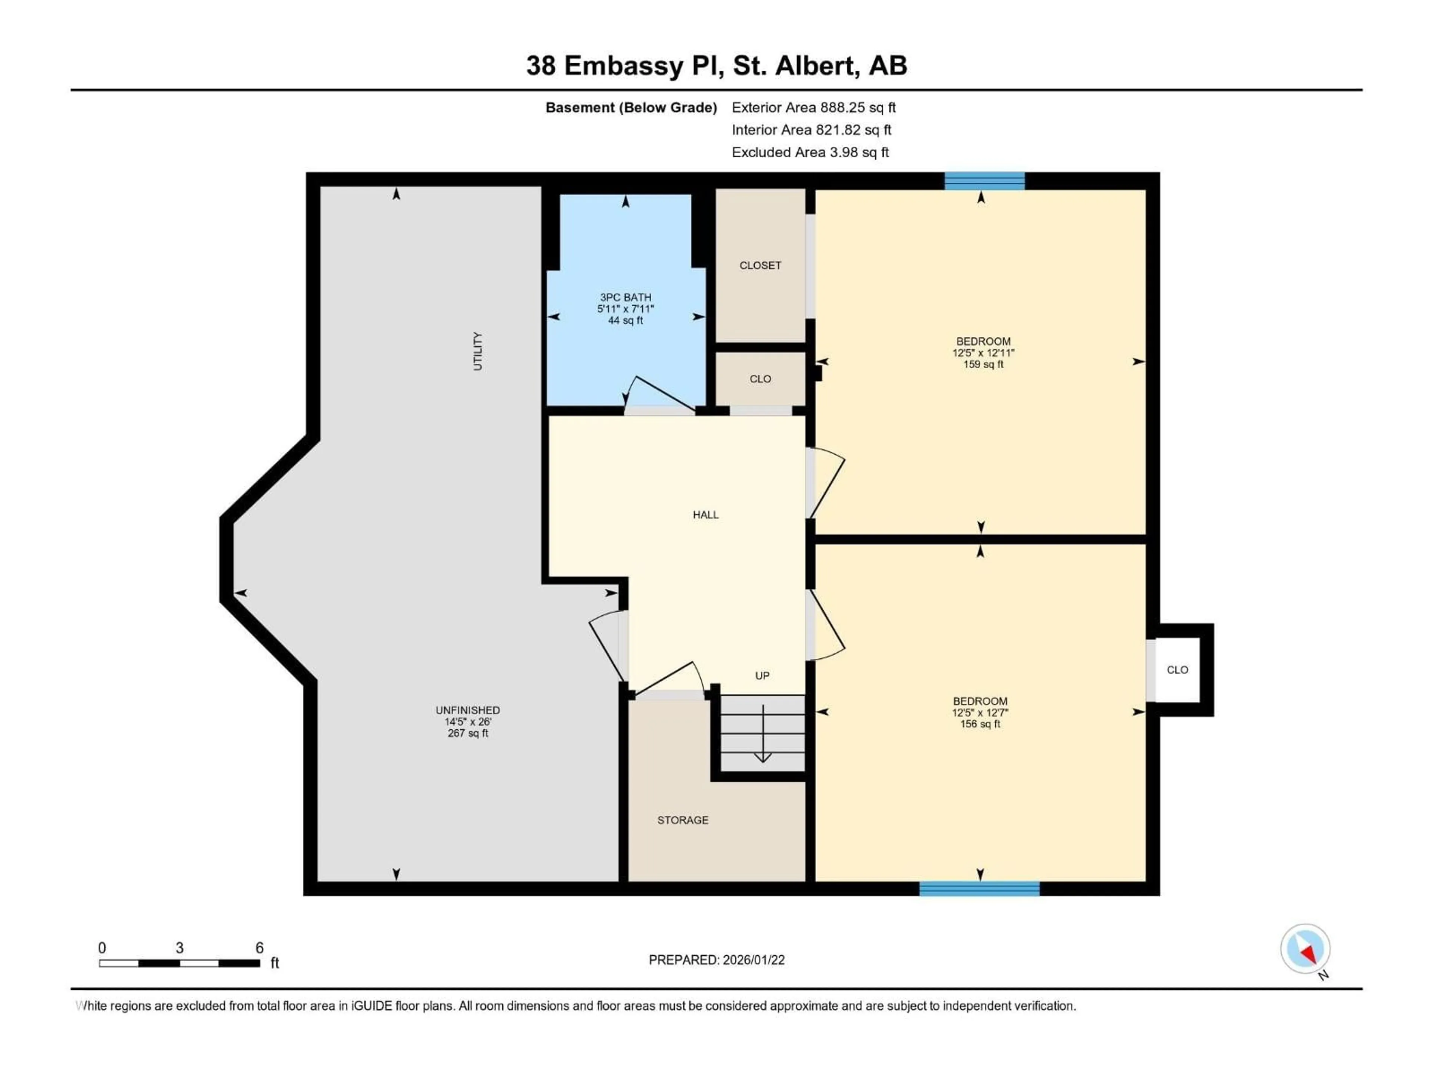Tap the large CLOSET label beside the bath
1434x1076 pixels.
click(x=760, y=265)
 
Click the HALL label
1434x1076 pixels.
click(x=705, y=514)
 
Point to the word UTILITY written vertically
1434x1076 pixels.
click(x=478, y=351)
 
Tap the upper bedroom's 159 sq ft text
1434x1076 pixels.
click(x=983, y=365)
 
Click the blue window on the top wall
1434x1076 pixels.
click(x=984, y=181)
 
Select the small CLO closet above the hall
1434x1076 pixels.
click(x=760, y=379)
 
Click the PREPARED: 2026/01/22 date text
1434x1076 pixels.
click(x=716, y=960)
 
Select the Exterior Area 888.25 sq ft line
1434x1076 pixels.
click(x=814, y=108)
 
